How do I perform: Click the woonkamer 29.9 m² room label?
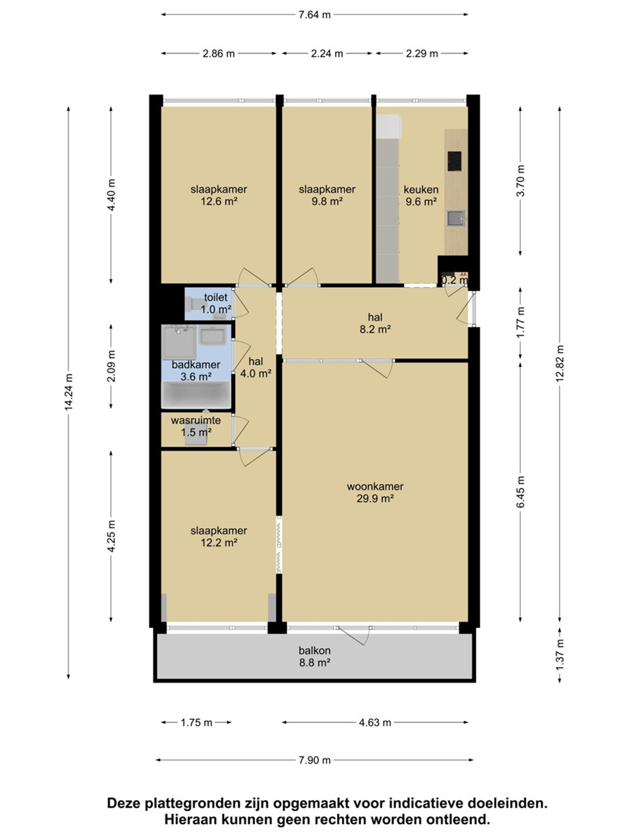[375, 492]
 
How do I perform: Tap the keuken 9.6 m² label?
[421, 195]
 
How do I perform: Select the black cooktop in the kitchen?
[454, 161]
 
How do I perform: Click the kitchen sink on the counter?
[456, 219]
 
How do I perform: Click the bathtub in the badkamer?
[196, 394]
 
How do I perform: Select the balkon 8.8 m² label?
[315, 656]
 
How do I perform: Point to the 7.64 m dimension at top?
[315, 15]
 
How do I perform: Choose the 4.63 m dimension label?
[375, 722]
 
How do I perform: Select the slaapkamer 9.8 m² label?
[327, 195]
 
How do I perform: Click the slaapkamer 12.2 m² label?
[219, 537]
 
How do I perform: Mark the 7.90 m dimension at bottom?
[315, 760]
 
